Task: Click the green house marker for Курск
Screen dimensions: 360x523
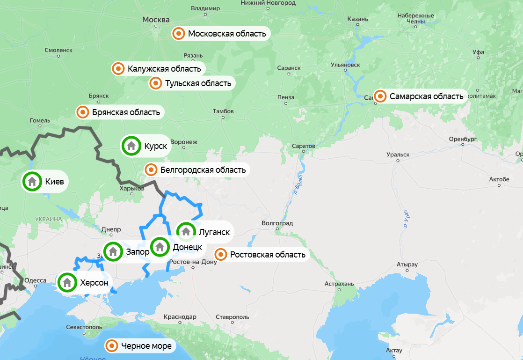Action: [131, 146]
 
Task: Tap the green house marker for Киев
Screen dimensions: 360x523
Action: [32, 181]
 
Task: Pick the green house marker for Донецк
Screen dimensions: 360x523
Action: [160, 246]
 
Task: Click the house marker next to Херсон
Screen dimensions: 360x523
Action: [67, 282]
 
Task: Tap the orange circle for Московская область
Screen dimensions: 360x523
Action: [179, 34]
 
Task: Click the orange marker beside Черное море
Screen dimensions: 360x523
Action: [112, 346]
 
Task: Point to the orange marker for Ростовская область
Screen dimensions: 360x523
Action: [221, 255]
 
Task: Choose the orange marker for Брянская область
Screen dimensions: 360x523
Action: [83, 112]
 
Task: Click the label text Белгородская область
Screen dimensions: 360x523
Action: [203, 170]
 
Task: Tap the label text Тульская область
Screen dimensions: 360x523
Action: [198, 83]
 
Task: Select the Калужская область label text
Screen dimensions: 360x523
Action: [164, 69]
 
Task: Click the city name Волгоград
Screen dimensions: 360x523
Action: [277, 223]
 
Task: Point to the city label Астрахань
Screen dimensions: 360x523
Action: [340, 284]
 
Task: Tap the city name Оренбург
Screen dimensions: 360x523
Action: [462, 139]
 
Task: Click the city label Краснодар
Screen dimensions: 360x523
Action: [180, 317]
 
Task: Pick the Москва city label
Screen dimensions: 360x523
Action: [155, 20]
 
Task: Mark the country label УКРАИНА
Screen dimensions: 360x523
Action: [48, 219]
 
